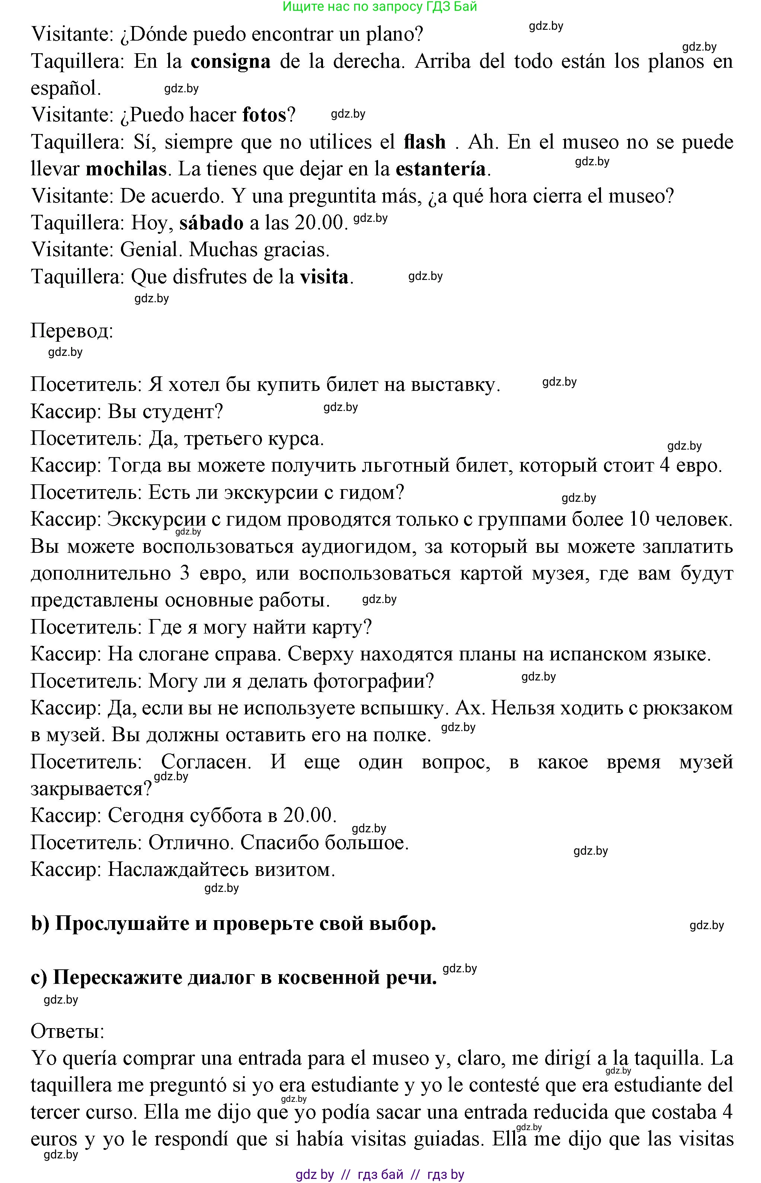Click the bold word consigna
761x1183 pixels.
[x=230, y=62]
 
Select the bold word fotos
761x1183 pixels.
[x=264, y=115]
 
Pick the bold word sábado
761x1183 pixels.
[x=211, y=223]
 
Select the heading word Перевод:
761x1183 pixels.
[x=72, y=331]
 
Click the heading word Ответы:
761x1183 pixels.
[x=68, y=1031]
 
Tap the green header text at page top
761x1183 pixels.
[x=380, y=7]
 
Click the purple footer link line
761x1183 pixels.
[x=380, y=1174]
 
